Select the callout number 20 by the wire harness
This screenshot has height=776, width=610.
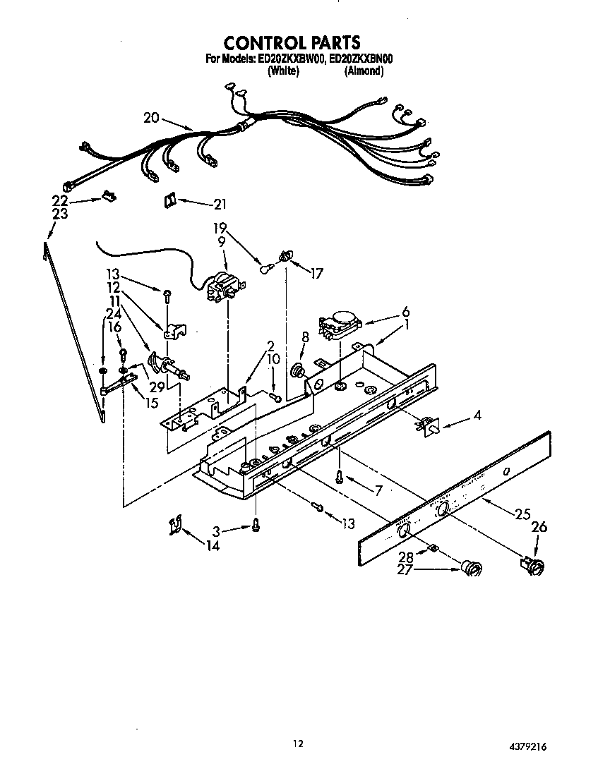[151, 119]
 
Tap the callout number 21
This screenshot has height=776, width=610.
[221, 205]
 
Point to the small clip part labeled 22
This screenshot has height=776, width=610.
[109, 196]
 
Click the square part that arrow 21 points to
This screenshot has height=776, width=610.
[169, 201]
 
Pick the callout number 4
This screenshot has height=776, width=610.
[478, 416]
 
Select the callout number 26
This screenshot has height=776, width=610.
[539, 527]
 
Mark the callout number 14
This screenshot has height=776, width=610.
[213, 545]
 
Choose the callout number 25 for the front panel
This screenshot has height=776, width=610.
[522, 514]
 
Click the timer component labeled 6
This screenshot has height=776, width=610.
[341, 325]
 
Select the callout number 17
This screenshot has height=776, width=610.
[316, 274]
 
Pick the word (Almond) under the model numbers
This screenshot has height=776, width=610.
[364, 71]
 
